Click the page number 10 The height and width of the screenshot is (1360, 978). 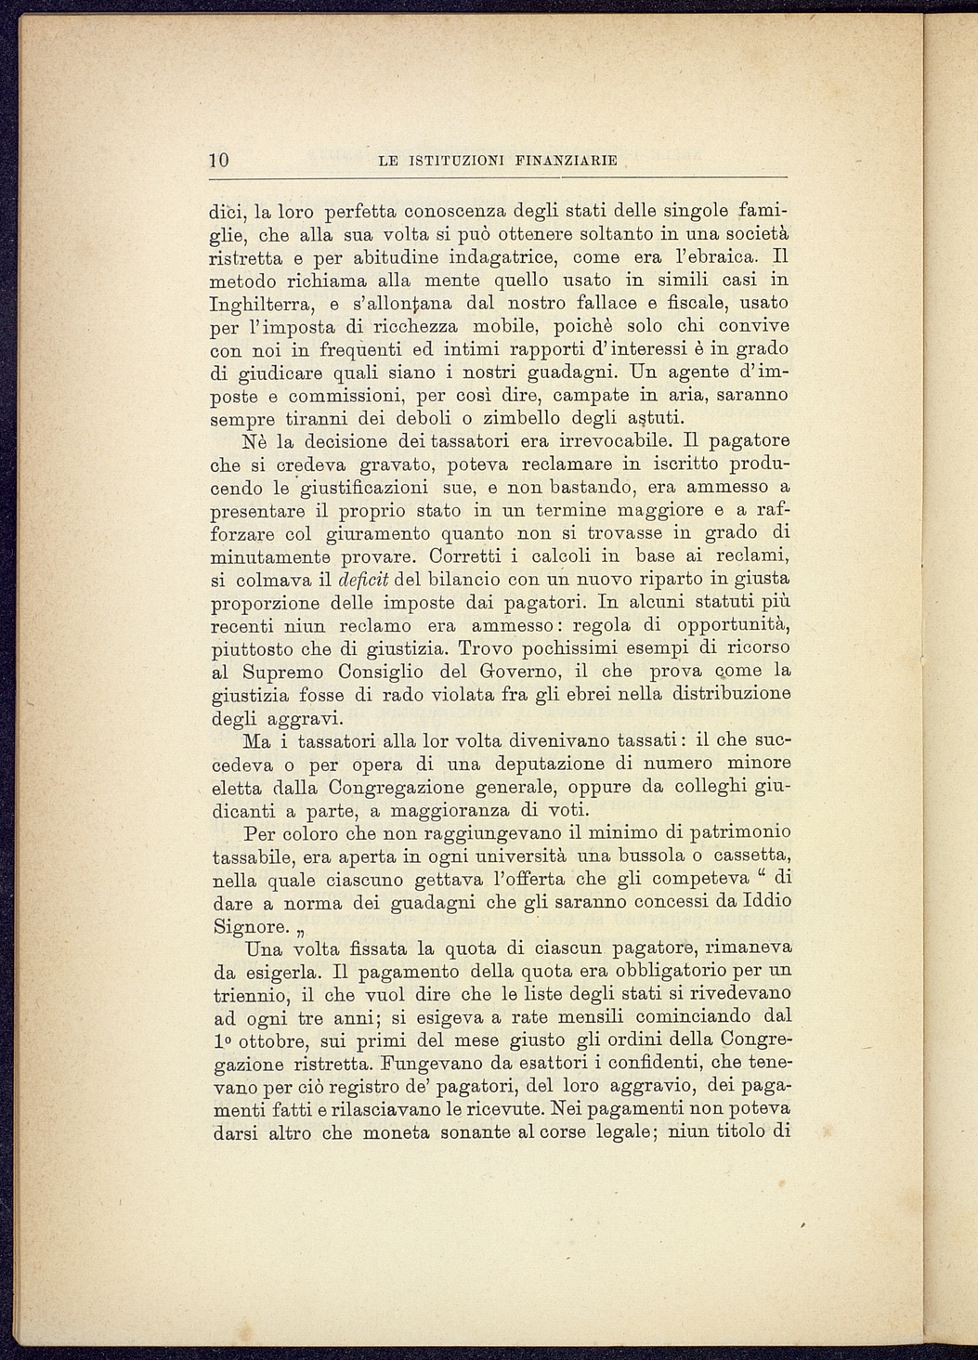(x=219, y=160)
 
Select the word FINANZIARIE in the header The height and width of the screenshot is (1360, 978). (x=571, y=161)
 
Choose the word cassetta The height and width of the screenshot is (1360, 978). (x=753, y=856)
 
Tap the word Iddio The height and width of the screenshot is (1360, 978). (x=765, y=901)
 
